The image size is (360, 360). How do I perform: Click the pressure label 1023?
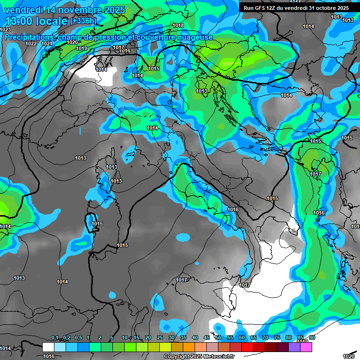pyautogui.click(x=6, y=30)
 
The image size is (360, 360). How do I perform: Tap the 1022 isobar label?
pyautogui.click(x=31, y=44)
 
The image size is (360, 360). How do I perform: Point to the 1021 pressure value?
pyautogui.click(x=47, y=44)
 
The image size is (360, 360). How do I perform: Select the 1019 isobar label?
pyautogui.click(x=82, y=48)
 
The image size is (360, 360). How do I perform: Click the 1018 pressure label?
pyautogui.click(x=178, y=25)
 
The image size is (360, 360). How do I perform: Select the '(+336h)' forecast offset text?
pyautogui.click(x=83, y=21)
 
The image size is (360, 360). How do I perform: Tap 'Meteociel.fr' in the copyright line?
pyautogui.click(x=216, y=357)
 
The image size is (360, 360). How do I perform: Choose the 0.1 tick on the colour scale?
pyautogui.click(x=54, y=338)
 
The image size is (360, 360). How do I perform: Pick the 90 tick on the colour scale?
pyautogui.click(x=312, y=338)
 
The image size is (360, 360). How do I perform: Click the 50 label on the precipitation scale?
pyautogui.click(x=218, y=338)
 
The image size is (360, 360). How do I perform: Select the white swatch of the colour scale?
pyautogui.click(x=48, y=347)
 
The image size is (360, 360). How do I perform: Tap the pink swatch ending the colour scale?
pyautogui.click(x=306, y=347)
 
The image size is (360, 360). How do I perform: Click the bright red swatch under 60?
pyautogui.click(x=247, y=347)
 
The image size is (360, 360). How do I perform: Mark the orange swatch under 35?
pyautogui.click(x=189, y=347)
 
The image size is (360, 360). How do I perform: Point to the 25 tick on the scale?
pyautogui.click(x=160, y=338)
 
